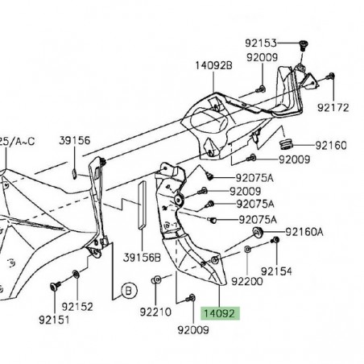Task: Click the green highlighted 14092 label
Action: click(x=220, y=313)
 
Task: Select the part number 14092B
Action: click(x=213, y=67)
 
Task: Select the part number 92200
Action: click(x=246, y=282)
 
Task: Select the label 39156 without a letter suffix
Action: click(x=75, y=140)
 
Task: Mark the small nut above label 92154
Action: click(x=274, y=242)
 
